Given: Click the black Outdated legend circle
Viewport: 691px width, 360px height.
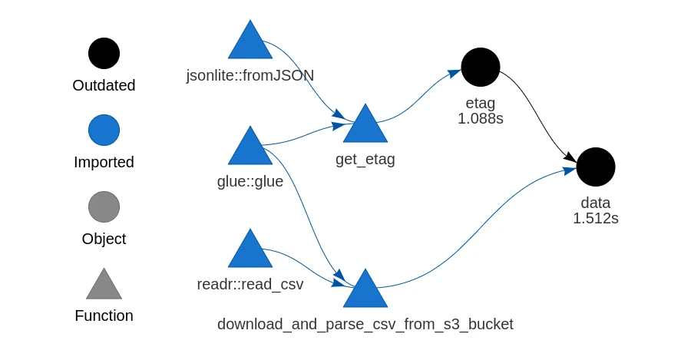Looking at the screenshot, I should pos(104,54).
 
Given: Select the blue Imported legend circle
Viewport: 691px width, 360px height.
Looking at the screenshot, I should pos(104,130).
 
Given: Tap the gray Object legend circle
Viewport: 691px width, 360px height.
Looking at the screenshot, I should pos(104,207).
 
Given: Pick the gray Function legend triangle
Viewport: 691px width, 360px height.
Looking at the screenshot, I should pos(104,286).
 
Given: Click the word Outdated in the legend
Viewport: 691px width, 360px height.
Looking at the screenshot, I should pos(104,85).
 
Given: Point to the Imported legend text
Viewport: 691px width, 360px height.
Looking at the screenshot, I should pos(104,162).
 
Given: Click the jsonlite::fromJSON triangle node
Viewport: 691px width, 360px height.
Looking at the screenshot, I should pos(250,43).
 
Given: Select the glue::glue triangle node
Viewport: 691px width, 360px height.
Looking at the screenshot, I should pos(250,148).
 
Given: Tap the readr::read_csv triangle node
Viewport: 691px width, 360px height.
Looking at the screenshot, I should pos(250,251).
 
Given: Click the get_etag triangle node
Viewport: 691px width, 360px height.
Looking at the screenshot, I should pos(365,126).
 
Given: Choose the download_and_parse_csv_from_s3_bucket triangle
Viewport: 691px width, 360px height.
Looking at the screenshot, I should pos(365,291).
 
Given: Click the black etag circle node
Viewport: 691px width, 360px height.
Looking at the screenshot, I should pos(481,67).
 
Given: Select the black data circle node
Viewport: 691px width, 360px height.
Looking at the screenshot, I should pos(596,167).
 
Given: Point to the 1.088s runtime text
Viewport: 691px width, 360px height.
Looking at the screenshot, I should pos(481,119).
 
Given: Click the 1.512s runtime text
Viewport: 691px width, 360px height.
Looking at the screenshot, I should pos(596,219).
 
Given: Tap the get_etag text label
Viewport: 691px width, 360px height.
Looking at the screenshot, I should pos(365,160).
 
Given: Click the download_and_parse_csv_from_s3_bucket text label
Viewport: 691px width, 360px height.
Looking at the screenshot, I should pos(365,324).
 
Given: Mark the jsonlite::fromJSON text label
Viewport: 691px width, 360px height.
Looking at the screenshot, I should pos(250,75).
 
